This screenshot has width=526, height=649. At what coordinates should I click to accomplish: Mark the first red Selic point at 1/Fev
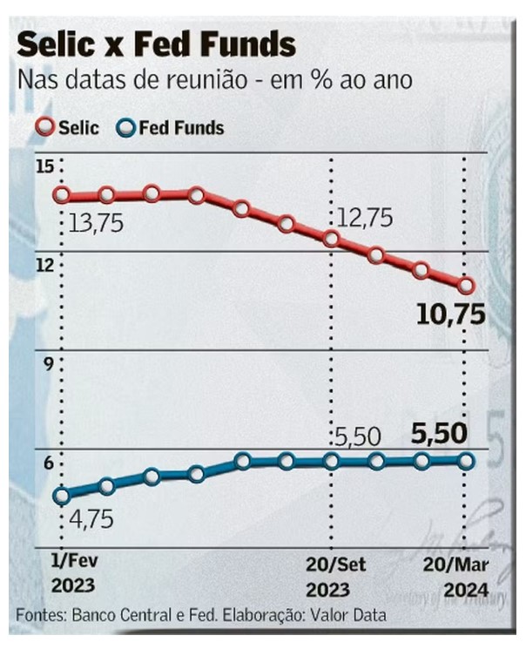62,195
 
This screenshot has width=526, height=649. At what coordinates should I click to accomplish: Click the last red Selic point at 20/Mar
466,285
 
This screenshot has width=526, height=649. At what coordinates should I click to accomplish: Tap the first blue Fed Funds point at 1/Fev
62,497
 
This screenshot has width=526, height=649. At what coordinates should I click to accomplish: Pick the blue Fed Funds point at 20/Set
331,462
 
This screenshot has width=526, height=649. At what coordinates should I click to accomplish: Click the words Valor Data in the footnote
347,616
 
